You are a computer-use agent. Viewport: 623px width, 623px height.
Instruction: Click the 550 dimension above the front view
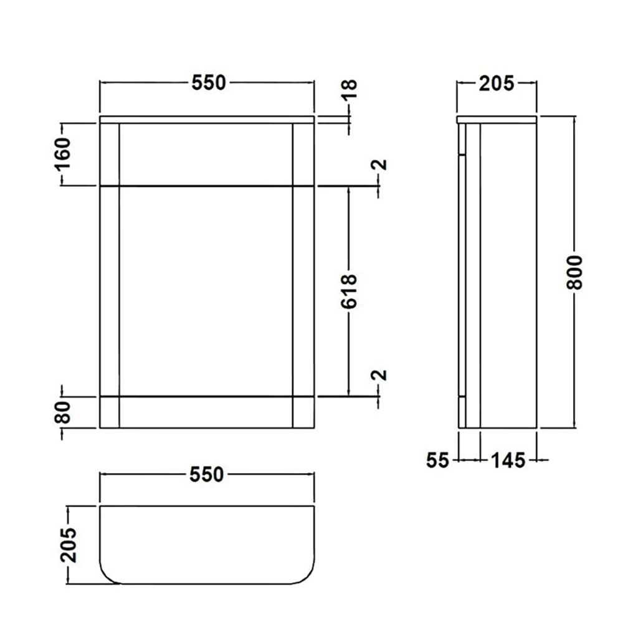(x=208, y=83)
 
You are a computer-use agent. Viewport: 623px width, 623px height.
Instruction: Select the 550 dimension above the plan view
(x=207, y=475)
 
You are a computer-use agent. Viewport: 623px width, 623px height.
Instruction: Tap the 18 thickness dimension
(x=350, y=89)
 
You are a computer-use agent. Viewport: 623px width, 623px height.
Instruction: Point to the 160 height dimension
(x=65, y=153)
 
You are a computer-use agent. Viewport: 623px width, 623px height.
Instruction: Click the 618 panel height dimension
(x=350, y=290)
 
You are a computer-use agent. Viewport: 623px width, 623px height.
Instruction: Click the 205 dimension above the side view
(x=497, y=83)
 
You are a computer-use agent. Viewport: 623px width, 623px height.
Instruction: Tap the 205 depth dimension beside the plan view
(x=70, y=545)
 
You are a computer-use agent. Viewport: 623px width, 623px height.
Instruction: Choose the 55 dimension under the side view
(x=438, y=460)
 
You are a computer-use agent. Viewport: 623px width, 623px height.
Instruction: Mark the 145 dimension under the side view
(x=507, y=460)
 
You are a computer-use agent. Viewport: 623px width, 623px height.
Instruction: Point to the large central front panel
(x=206, y=290)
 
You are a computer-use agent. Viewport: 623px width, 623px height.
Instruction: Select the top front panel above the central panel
(x=206, y=154)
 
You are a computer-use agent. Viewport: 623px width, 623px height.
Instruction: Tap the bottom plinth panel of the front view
(x=206, y=412)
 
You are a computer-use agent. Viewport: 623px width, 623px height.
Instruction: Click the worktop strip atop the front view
(x=207, y=119)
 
